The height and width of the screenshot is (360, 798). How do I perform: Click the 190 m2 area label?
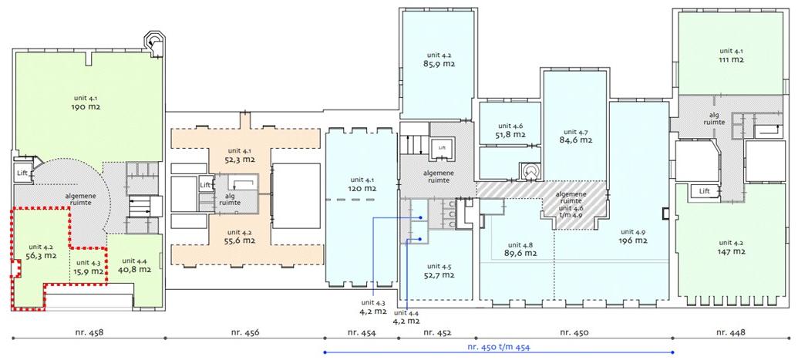(86, 107)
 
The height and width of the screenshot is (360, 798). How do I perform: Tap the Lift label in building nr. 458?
(22, 173)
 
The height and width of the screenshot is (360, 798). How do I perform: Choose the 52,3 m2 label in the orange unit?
(241, 160)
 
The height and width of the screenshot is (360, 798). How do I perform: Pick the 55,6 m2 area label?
(241, 241)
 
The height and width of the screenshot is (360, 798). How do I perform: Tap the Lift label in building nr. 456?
(205, 185)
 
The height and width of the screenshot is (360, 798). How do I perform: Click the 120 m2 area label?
(362, 188)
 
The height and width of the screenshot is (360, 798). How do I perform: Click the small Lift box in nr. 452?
(441, 148)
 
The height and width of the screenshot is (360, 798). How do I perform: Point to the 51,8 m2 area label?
(511, 134)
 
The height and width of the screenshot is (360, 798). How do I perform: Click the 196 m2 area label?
(633, 241)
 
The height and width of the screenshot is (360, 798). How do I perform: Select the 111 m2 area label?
(732, 59)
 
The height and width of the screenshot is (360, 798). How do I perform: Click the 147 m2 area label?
(732, 251)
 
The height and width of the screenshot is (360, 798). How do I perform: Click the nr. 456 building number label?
(245, 332)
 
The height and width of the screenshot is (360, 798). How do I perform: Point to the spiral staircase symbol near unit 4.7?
(531, 171)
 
